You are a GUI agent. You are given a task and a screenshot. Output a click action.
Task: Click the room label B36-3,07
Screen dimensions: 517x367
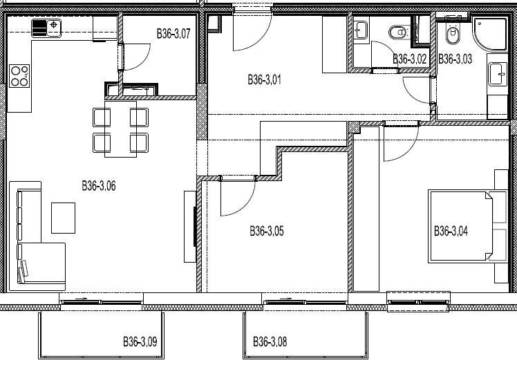point(173,34)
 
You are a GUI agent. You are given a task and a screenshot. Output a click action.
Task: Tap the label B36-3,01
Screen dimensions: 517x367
point(265,79)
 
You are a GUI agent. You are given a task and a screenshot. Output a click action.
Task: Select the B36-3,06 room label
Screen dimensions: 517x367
point(99,186)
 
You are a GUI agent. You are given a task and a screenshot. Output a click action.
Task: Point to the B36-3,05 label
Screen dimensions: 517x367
point(266,231)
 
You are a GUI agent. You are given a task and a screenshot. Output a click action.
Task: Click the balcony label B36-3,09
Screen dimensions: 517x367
point(140,341)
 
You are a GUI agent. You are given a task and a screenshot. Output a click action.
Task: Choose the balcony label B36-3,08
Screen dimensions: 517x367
point(270,341)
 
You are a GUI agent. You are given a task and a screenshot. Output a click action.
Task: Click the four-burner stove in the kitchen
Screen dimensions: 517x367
point(19,76)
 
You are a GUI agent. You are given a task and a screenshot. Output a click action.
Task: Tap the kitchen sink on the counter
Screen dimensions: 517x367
point(46,28)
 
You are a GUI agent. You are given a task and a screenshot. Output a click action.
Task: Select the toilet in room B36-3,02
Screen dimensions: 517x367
point(398,32)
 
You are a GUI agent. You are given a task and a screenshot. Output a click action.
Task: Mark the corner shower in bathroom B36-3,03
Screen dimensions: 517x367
point(490,35)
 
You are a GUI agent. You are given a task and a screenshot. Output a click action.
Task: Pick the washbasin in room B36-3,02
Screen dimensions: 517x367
point(361,30)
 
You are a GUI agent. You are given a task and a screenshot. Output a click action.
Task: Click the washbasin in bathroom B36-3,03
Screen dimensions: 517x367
point(497,74)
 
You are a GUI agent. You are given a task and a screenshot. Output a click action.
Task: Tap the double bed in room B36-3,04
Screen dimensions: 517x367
point(467,226)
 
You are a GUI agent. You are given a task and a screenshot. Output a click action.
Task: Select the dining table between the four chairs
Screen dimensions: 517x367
point(121,129)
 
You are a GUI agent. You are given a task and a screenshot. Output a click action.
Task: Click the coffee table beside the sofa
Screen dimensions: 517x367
point(64,218)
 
